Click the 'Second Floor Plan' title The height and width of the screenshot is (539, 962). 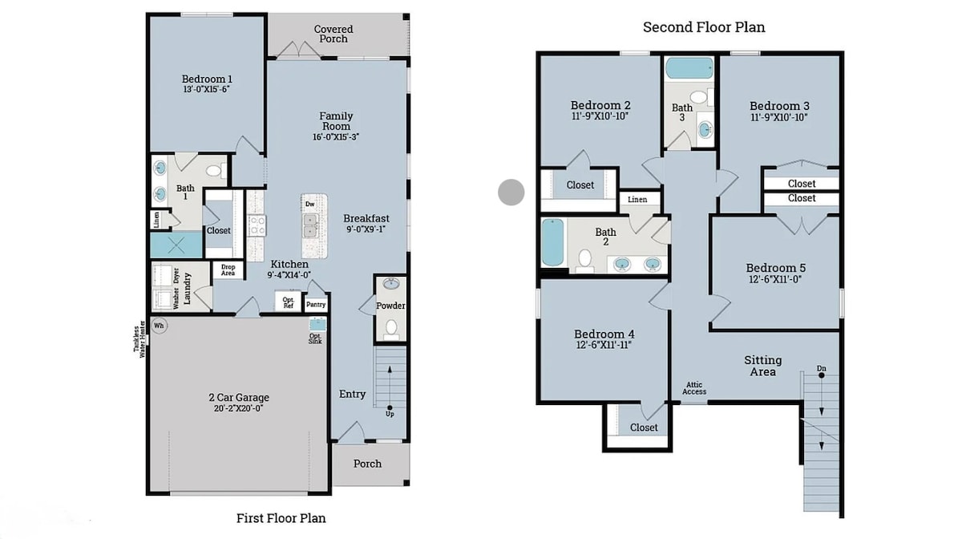pyautogui.click(x=704, y=27)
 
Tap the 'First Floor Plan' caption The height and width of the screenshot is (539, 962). pyautogui.click(x=281, y=518)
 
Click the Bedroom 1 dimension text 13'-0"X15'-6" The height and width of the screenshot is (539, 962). pyautogui.click(x=207, y=89)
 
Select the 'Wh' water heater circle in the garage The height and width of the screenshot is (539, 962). pyautogui.click(x=159, y=326)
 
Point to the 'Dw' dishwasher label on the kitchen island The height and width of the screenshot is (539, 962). pyautogui.click(x=309, y=205)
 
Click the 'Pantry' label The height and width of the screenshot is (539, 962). pyautogui.click(x=316, y=304)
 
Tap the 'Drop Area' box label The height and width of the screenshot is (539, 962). pyautogui.click(x=228, y=270)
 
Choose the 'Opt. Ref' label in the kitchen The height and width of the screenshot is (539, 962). pyautogui.click(x=288, y=302)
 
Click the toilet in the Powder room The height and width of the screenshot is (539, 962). pyautogui.click(x=391, y=328)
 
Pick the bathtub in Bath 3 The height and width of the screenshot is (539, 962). pyautogui.click(x=689, y=68)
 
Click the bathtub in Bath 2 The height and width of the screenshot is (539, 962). pyautogui.click(x=552, y=242)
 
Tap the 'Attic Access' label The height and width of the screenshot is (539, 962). pyautogui.click(x=694, y=388)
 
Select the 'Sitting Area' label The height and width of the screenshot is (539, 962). pyautogui.click(x=762, y=366)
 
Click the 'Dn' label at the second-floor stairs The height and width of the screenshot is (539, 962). pyautogui.click(x=821, y=368)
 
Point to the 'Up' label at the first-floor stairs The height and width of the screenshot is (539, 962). pyautogui.click(x=390, y=414)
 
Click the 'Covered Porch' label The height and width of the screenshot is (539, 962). pyautogui.click(x=333, y=34)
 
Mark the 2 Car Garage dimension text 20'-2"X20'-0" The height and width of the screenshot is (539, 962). pyautogui.click(x=238, y=408)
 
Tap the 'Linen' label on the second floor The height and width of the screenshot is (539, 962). pyautogui.click(x=637, y=200)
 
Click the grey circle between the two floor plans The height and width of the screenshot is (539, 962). pyautogui.click(x=511, y=192)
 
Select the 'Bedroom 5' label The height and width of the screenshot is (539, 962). pyautogui.click(x=776, y=268)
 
